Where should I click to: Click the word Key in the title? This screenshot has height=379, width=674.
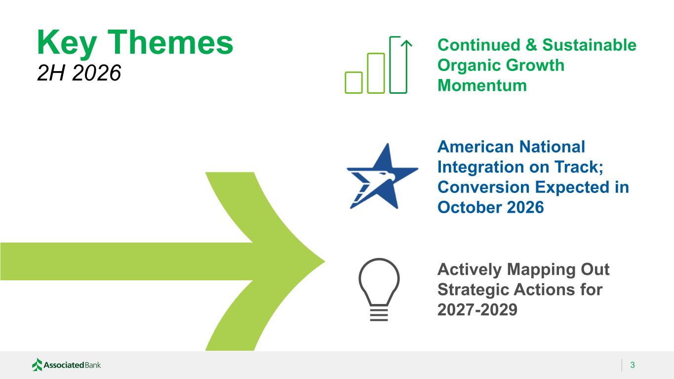click(x=67, y=43)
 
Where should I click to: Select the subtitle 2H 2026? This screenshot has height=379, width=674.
click(x=79, y=73)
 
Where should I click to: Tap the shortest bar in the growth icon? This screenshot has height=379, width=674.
click(x=354, y=82)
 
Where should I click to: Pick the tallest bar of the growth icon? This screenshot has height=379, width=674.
click(x=398, y=65)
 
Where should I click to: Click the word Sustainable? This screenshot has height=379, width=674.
click(x=589, y=45)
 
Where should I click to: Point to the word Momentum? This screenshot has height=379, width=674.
click(x=482, y=85)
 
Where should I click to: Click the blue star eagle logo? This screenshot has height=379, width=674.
click(x=382, y=176)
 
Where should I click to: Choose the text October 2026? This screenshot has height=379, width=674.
click(x=490, y=207)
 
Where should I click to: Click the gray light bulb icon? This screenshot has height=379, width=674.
click(x=379, y=289)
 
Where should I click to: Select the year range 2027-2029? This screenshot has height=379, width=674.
click(x=477, y=309)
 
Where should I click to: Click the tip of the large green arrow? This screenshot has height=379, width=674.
click(x=325, y=262)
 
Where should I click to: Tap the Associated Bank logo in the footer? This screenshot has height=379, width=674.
click(x=67, y=365)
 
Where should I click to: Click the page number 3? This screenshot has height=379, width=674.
click(x=633, y=365)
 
